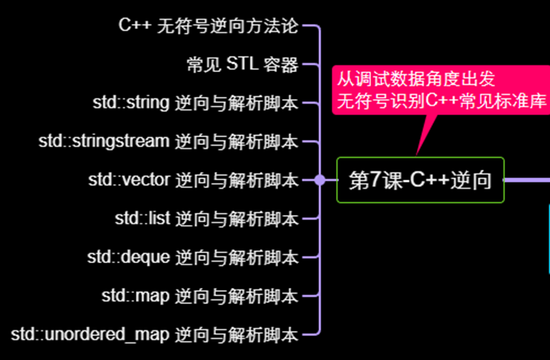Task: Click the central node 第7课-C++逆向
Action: [420, 180]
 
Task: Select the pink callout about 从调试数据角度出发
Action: [440, 90]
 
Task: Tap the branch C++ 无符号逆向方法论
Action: [208, 27]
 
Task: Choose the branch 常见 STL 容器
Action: [242, 65]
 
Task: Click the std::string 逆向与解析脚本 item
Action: [195, 103]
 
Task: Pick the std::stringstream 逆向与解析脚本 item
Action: [168, 141]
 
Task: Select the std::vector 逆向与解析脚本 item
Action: [193, 180]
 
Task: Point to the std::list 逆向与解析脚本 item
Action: [206, 219]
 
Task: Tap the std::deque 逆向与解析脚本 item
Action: [193, 257]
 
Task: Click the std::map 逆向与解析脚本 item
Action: [200, 295]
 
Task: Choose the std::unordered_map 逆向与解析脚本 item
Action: [155, 333]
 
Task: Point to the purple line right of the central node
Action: [527, 180]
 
